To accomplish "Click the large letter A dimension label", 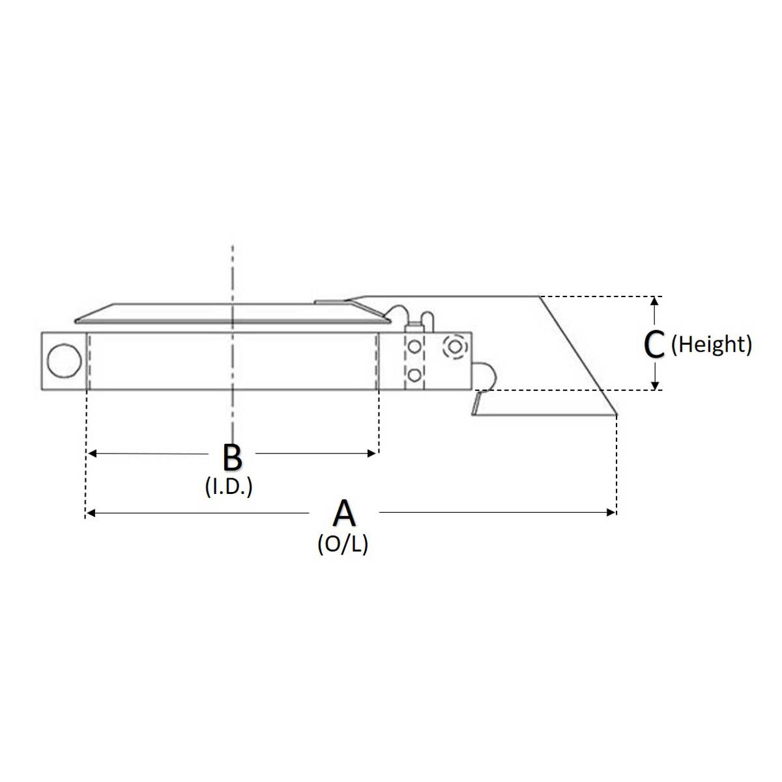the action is coord(343,513).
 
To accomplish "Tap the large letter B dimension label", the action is coord(232,457).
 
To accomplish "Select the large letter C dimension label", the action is coord(654,344).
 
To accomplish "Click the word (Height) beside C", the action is coord(712,345).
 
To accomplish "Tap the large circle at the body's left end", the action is coord(64,361).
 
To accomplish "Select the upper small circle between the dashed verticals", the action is coord(414,347).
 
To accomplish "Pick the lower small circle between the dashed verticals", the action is coord(414,375).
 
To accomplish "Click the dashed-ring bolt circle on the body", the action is coord(455,347).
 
